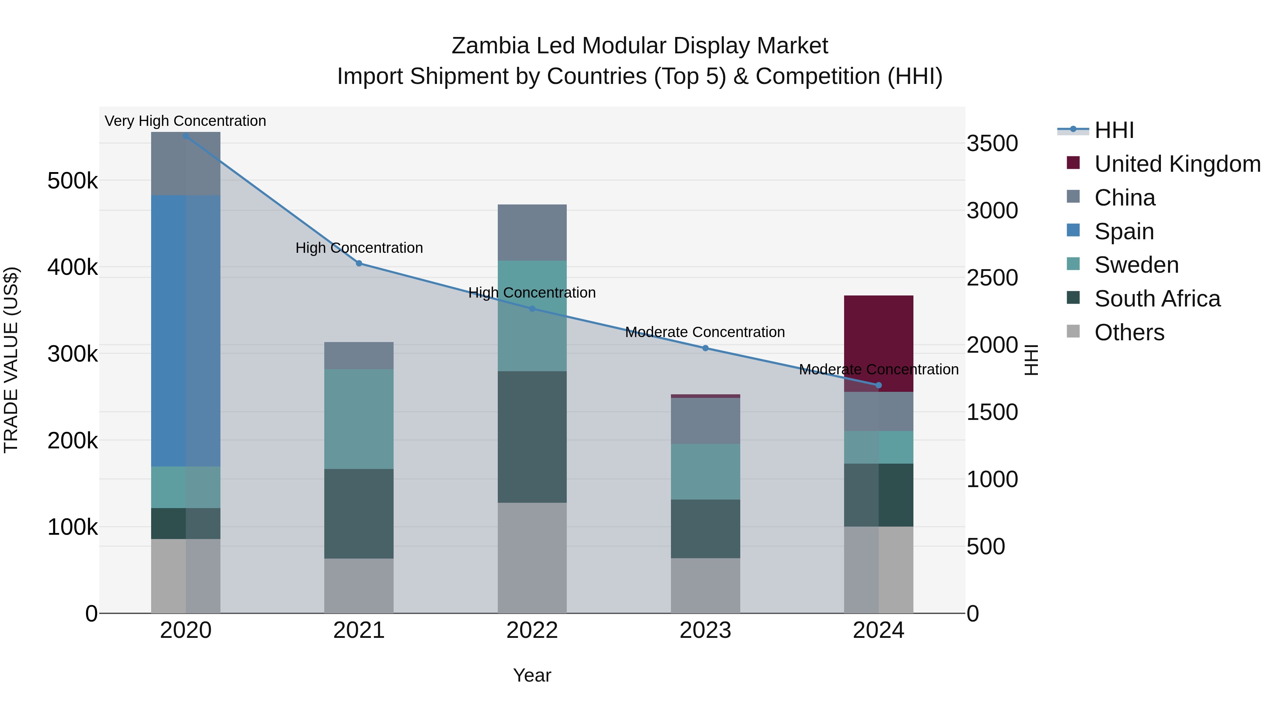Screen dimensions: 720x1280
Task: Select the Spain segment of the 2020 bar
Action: click(x=185, y=330)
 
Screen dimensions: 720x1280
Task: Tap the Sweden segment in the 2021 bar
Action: click(x=358, y=418)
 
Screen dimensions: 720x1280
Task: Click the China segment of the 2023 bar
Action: click(x=705, y=420)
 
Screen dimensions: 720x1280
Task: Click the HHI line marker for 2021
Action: click(x=359, y=263)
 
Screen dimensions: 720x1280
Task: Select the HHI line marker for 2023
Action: click(x=705, y=348)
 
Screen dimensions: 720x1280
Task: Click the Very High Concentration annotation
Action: click(x=185, y=121)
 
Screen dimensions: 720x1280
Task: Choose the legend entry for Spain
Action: click(x=1124, y=231)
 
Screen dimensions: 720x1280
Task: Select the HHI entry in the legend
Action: click(x=1114, y=130)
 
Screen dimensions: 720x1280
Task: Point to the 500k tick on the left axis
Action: click(x=73, y=181)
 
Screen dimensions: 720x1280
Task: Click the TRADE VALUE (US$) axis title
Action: click(x=11, y=360)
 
